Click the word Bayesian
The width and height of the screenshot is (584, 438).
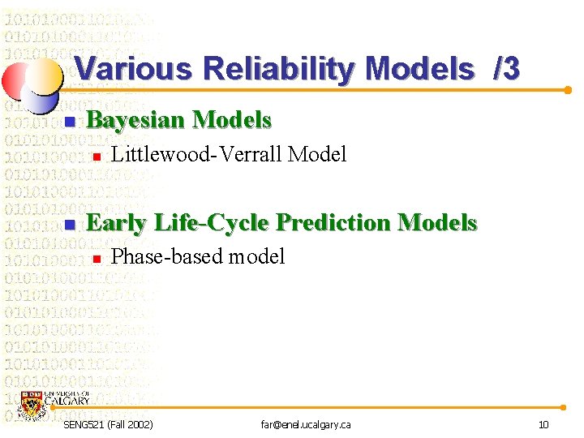point(134,121)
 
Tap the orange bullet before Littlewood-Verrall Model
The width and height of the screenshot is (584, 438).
point(95,156)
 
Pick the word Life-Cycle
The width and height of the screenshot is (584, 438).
point(213,223)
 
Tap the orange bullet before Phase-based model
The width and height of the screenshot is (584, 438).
point(95,259)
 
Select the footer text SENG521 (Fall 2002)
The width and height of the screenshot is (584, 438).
point(107,425)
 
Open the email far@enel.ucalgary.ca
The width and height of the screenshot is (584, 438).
point(305,425)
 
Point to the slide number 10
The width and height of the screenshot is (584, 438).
point(543,425)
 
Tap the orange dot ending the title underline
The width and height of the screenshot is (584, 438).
point(568,90)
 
